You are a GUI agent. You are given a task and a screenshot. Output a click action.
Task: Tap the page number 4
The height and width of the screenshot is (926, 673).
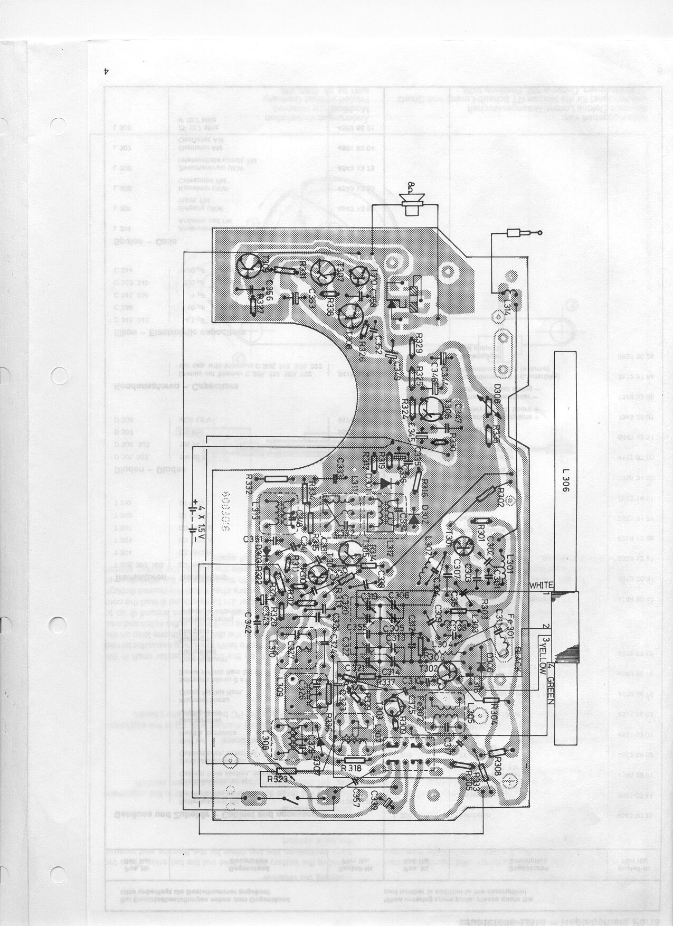tap(106, 72)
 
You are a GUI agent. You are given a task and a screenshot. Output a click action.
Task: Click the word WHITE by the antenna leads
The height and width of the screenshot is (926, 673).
tap(542, 585)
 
